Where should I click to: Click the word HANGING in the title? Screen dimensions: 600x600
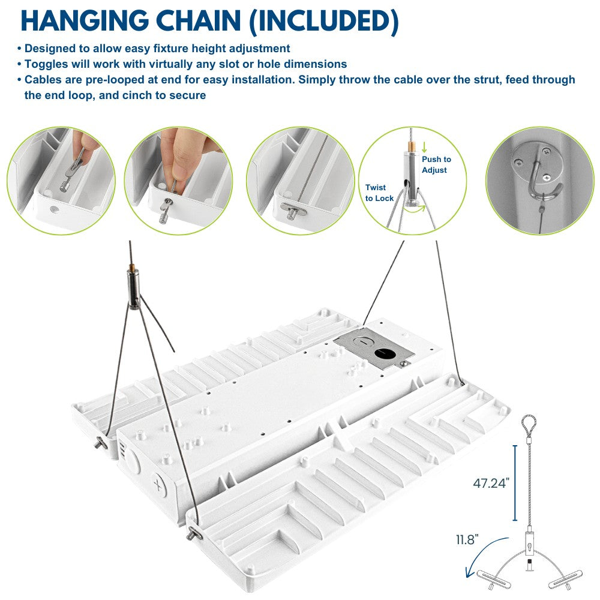pos(84,20)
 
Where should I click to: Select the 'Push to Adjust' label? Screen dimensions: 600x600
pos(436,164)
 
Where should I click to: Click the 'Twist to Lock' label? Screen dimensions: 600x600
pos(379,193)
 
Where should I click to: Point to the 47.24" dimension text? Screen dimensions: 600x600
pos(491,483)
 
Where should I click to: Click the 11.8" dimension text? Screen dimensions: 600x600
pos(467,539)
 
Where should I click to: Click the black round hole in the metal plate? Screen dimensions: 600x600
pos(385,353)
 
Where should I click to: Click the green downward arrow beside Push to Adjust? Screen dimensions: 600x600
pos(424,148)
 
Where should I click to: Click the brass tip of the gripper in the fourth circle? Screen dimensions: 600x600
pos(411,146)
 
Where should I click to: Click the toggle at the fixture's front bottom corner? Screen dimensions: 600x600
pos(194,533)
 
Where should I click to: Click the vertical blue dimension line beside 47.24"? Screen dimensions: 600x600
pos(515,483)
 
